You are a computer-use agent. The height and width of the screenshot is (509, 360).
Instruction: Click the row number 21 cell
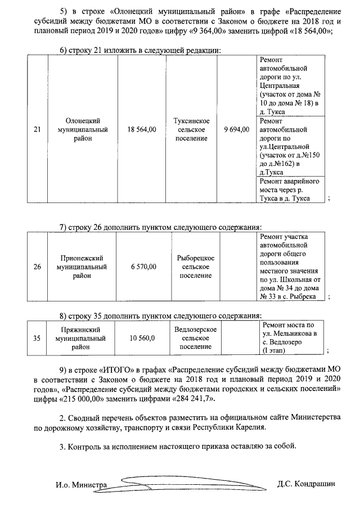tap(37, 129)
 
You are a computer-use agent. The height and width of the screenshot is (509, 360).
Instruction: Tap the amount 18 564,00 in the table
tap(142, 129)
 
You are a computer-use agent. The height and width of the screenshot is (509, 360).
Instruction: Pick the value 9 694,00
tap(236, 129)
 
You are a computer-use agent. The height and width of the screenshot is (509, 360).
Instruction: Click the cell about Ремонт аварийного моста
tap(289, 190)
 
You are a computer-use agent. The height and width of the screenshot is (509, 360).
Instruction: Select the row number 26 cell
tap(37, 267)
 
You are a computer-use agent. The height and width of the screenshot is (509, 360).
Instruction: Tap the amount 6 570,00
tap(143, 267)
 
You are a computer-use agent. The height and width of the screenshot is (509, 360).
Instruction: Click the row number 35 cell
tap(37, 339)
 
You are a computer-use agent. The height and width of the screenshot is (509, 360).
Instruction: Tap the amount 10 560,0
tap(142, 339)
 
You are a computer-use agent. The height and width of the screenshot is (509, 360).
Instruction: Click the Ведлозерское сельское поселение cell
tap(195, 339)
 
